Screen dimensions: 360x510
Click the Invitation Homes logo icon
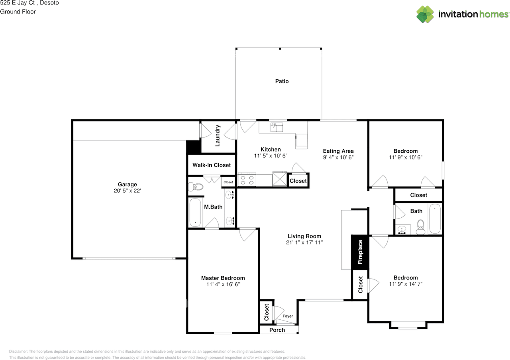[425, 14]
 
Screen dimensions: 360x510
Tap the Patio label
[282, 81]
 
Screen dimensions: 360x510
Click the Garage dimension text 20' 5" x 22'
[127, 191]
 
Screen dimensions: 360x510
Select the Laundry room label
[218, 136]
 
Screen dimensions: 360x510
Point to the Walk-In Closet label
[212, 165]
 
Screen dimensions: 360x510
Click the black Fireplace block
[360, 252]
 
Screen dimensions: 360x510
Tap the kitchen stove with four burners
[246, 180]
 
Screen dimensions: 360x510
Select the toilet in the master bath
[195, 186]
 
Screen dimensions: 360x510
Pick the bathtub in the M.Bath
[195, 212]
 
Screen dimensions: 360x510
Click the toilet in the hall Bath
[420, 228]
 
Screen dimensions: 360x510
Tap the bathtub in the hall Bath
[435, 219]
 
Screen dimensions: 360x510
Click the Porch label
[277, 330]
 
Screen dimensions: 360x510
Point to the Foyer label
[288, 316]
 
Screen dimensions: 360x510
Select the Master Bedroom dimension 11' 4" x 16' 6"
[223, 284]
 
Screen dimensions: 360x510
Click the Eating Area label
[338, 151]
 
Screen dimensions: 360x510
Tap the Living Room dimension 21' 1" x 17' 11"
[304, 242]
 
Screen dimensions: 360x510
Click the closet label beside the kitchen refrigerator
[298, 181]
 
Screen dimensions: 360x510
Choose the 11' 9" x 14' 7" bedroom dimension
[406, 284]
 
